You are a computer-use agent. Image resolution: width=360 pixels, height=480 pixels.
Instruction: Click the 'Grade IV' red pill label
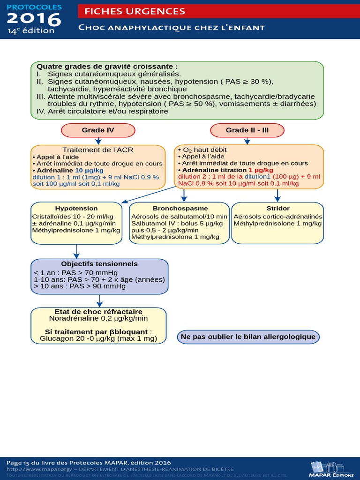[98, 130]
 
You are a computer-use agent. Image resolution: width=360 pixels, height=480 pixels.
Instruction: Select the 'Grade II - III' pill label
[247, 130]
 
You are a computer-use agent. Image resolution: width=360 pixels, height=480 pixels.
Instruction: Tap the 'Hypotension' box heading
[76, 208]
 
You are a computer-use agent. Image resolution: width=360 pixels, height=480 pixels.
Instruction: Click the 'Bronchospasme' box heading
[180, 208]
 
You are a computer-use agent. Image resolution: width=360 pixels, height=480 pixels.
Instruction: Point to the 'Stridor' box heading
[277, 208]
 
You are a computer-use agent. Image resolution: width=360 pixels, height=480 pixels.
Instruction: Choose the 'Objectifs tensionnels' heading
[99, 264]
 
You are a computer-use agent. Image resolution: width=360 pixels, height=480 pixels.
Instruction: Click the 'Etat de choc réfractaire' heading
[98, 312]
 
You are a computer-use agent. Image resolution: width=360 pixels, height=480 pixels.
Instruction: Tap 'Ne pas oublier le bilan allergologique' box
[248, 337]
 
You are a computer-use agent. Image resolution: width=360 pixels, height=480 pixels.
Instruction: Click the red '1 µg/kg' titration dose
[261, 170]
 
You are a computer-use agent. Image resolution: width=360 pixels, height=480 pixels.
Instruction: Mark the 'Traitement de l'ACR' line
[98, 150]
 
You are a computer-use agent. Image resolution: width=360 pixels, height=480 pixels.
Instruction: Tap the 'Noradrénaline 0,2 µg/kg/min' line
[98, 318]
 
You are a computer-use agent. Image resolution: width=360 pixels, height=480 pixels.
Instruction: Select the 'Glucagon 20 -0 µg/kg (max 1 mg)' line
[98, 338]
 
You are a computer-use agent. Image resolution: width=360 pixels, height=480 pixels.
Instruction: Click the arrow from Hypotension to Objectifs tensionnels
[76, 251]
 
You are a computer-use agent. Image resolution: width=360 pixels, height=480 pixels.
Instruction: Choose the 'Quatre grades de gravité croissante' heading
[107, 67]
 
